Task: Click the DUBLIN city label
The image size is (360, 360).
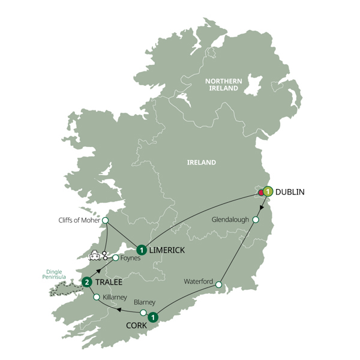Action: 290,192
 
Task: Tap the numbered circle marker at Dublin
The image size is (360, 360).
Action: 268,192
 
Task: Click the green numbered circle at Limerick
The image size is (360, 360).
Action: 141,250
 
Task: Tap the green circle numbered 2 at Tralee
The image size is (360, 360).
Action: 87,282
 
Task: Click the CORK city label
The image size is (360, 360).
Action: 136,326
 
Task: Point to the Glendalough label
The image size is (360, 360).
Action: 231,220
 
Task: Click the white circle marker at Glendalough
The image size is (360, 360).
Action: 256,220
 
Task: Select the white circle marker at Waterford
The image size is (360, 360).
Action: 219,284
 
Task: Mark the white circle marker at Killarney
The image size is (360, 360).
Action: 96,297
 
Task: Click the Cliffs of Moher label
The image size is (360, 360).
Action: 80,220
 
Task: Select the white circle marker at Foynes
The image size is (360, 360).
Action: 115,258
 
